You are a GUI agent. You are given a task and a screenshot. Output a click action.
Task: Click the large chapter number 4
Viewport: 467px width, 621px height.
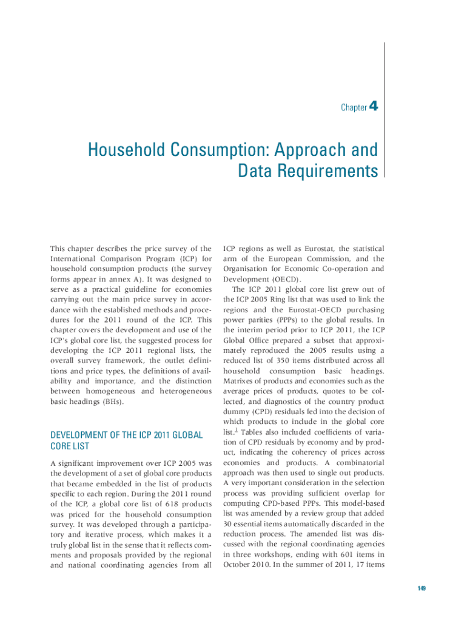pyautogui.click(x=374, y=107)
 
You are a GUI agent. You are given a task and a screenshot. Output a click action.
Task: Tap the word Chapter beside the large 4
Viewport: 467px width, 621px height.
pyautogui.click(x=354, y=107)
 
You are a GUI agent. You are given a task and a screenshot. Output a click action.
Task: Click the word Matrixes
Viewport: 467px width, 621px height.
pyautogui.click(x=241, y=381)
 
